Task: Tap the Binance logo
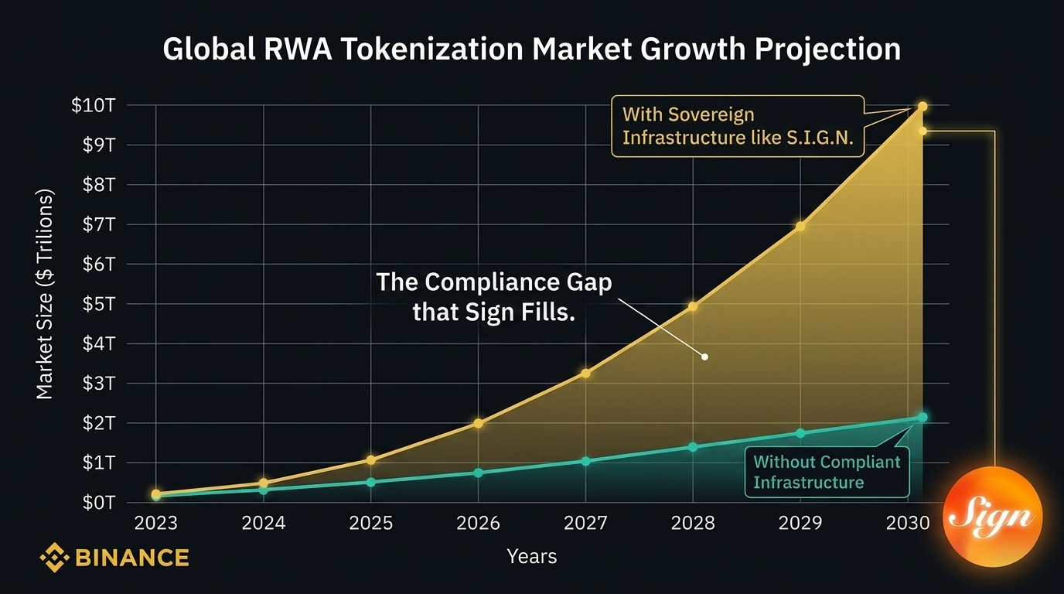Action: coord(114,557)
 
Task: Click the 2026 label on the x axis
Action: coord(479,524)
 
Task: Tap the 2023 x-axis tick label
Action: coord(155,524)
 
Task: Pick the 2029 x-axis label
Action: coord(800,524)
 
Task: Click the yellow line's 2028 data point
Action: coord(693,307)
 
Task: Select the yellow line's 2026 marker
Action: coord(479,423)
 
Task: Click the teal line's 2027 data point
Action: coord(585,461)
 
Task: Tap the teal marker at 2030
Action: coord(922,418)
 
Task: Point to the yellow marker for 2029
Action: coord(800,227)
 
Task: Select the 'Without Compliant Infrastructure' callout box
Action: coord(827,472)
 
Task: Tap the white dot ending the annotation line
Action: coord(704,357)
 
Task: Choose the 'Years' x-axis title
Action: coord(531,556)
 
